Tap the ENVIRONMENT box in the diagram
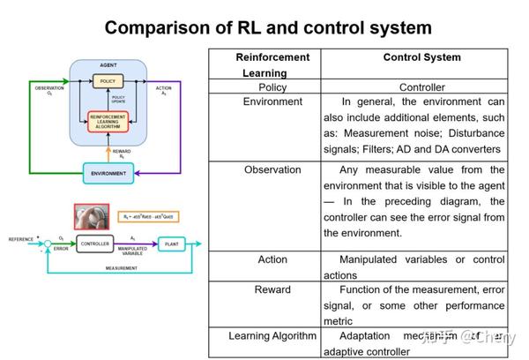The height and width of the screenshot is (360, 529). (x=108, y=174)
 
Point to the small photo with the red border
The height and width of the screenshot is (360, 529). (x=90, y=215)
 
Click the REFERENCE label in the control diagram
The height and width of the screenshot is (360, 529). (x=20, y=239)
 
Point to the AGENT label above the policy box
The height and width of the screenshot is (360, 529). (x=108, y=65)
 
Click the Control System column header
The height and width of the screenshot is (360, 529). (x=421, y=57)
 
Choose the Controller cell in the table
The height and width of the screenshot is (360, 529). (x=421, y=87)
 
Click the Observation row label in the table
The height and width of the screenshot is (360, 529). (x=272, y=169)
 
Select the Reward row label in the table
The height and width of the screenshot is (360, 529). (x=272, y=289)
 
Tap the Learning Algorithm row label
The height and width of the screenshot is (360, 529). (x=272, y=335)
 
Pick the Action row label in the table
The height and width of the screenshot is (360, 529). (x=272, y=259)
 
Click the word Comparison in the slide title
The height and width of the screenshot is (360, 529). (x=156, y=26)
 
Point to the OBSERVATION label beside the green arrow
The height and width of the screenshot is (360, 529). (x=49, y=88)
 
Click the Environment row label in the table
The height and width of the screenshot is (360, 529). (x=272, y=101)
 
